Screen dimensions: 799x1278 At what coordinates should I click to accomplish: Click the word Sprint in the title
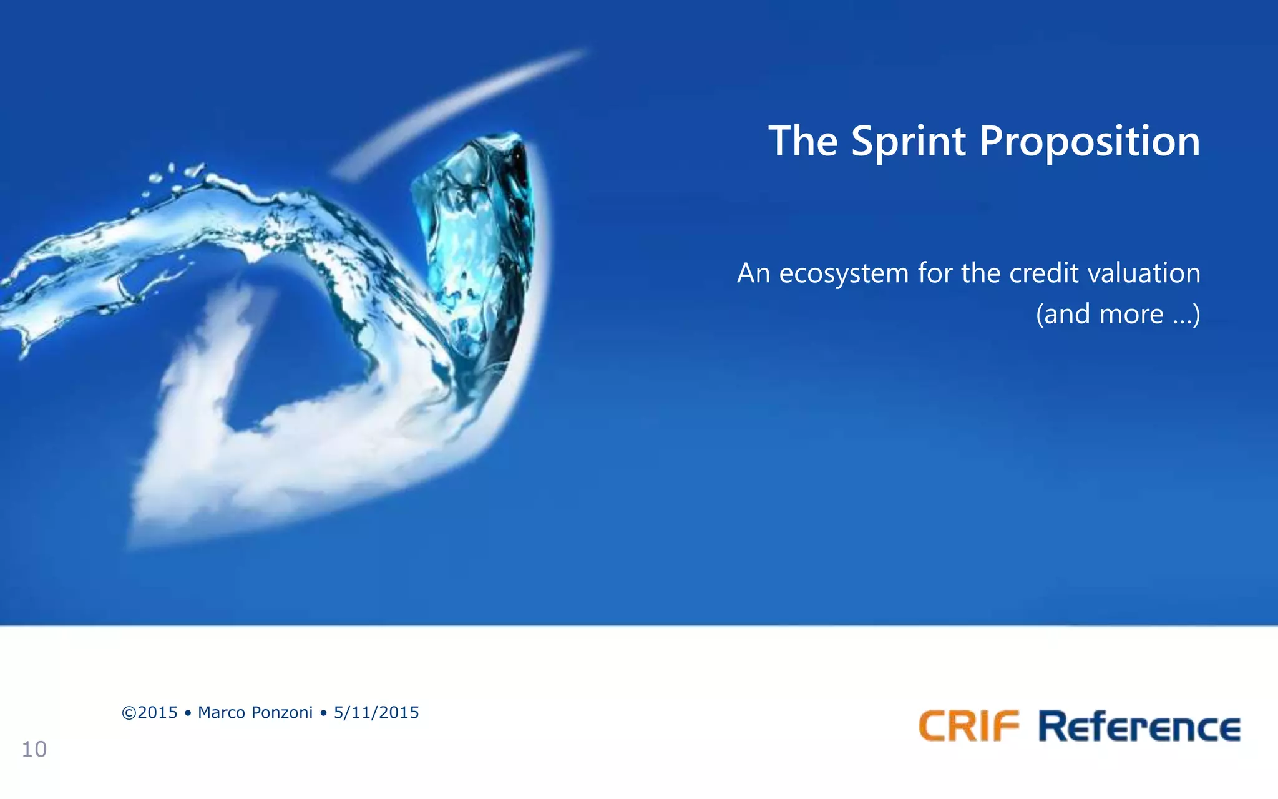coord(909,141)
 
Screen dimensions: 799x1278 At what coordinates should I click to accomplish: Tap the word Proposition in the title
coord(1090,141)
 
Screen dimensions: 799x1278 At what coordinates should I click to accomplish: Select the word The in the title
coord(803,141)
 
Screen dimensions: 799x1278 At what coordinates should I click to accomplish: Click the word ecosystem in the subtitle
coord(844,273)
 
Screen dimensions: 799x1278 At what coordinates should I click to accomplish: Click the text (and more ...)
coord(1118,314)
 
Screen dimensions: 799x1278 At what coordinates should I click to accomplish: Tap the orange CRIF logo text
coord(968,727)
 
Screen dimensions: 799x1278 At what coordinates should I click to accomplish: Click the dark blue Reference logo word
coord(1139,727)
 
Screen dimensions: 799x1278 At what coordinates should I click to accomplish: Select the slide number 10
coord(34,749)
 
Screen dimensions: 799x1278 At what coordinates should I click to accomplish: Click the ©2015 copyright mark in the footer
coord(150,713)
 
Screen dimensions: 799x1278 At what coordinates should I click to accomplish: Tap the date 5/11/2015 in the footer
coord(376,713)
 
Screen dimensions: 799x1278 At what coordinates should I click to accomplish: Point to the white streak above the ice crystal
coord(462,106)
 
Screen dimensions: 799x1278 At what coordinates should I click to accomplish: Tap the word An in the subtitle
coord(753,273)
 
